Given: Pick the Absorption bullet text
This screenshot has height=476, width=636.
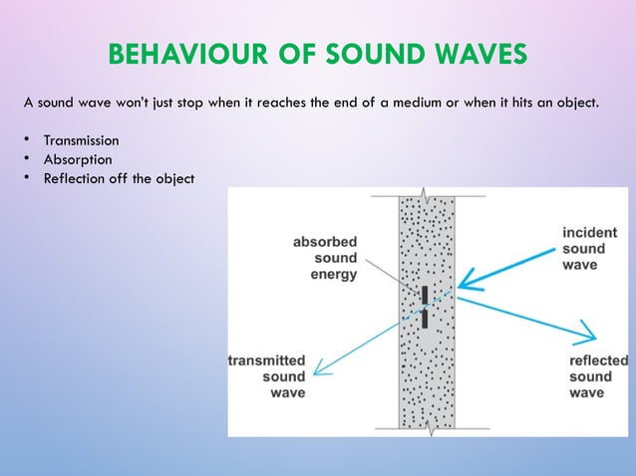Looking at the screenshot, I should tap(77, 159).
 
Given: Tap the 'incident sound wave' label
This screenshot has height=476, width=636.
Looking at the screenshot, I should tap(589, 249).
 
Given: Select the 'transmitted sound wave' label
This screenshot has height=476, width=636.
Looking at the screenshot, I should tap(267, 376).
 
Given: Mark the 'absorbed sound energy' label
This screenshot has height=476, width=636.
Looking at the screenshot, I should tap(325, 258).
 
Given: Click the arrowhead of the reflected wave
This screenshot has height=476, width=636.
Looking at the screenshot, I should tap(588, 333).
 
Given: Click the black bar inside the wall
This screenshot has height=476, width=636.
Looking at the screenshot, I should tap(425, 307).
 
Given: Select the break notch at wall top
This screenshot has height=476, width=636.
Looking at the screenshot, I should tap(427, 191).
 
